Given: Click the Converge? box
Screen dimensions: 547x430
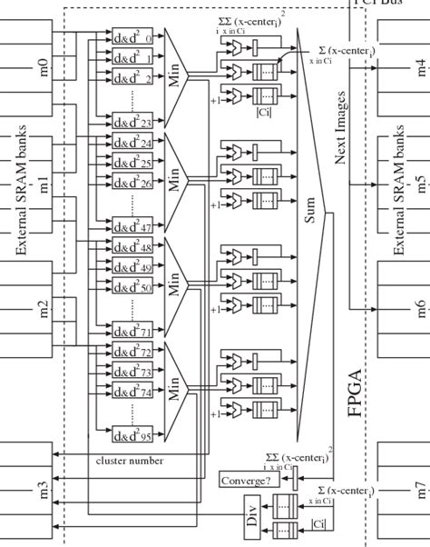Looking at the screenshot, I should point(244,481).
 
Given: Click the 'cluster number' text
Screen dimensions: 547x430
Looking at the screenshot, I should point(130,461).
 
